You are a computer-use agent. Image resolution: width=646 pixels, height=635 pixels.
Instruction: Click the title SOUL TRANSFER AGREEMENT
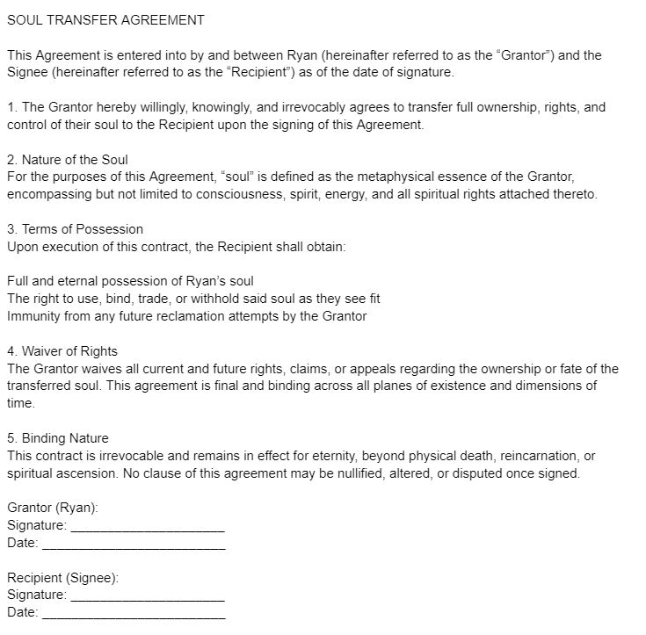tap(105, 19)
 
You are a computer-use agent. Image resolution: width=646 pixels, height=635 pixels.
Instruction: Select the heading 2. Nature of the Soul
tap(68, 160)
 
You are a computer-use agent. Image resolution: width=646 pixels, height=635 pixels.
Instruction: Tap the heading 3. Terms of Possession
tap(75, 229)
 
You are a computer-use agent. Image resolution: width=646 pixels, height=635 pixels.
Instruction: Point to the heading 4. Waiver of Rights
tap(62, 351)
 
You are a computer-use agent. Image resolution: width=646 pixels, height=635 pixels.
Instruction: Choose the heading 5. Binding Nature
tap(58, 438)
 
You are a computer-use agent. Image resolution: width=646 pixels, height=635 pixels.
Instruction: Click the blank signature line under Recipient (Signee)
tap(147, 600)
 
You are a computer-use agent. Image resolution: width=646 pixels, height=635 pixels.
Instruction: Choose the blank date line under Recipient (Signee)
tap(134, 617)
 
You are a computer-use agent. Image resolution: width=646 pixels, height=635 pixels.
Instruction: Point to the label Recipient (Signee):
tap(62, 578)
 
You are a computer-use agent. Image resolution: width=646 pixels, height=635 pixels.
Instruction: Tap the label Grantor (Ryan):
tap(53, 508)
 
